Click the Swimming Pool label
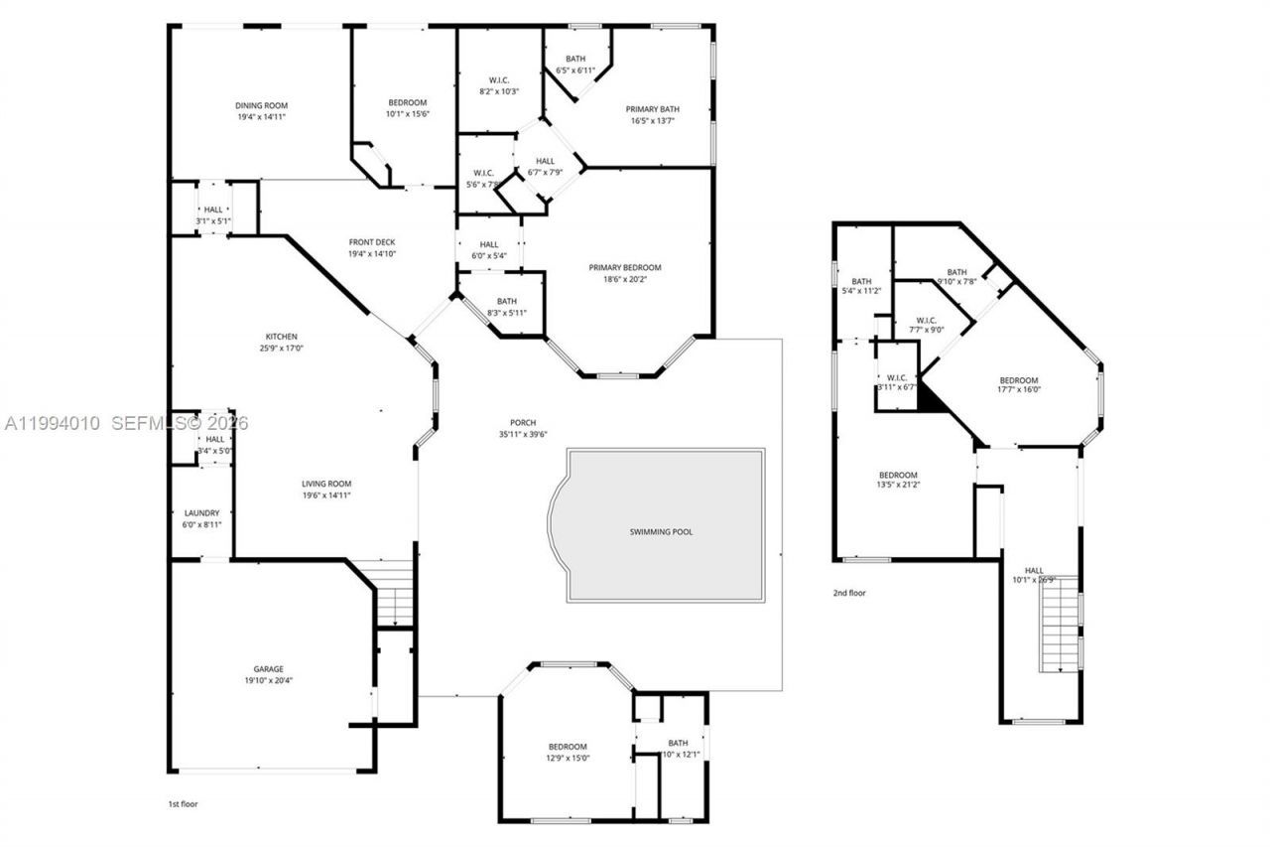click(661, 531)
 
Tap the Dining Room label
click(261, 105)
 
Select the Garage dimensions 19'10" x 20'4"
click(268, 680)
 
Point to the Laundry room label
click(201, 513)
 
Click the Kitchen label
click(281, 336)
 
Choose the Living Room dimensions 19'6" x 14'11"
click(326, 494)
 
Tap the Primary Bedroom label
click(624, 267)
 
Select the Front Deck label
click(372, 242)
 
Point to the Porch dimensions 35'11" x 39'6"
click(524, 434)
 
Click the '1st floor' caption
click(183, 803)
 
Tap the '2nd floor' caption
click(848, 593)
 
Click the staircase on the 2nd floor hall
click(1059, 624)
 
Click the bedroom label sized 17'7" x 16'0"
click(1018, 380)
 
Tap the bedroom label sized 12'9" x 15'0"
click(568, 747)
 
